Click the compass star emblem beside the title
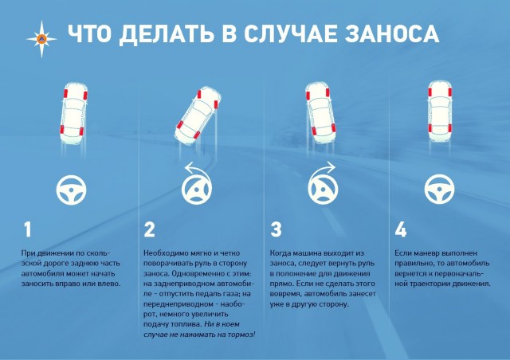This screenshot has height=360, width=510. pos(41,39)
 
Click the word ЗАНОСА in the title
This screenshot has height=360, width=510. pos(392,33)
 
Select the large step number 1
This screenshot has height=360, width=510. pos(28,229)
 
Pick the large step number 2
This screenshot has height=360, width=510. pos(149,229)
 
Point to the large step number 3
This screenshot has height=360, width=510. pos(276,229)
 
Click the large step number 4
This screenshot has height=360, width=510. pos(401,229)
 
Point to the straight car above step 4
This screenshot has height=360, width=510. pos(440,112)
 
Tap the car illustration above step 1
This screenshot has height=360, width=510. pos(73,113)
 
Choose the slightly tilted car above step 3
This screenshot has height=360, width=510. pos(320,113)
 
